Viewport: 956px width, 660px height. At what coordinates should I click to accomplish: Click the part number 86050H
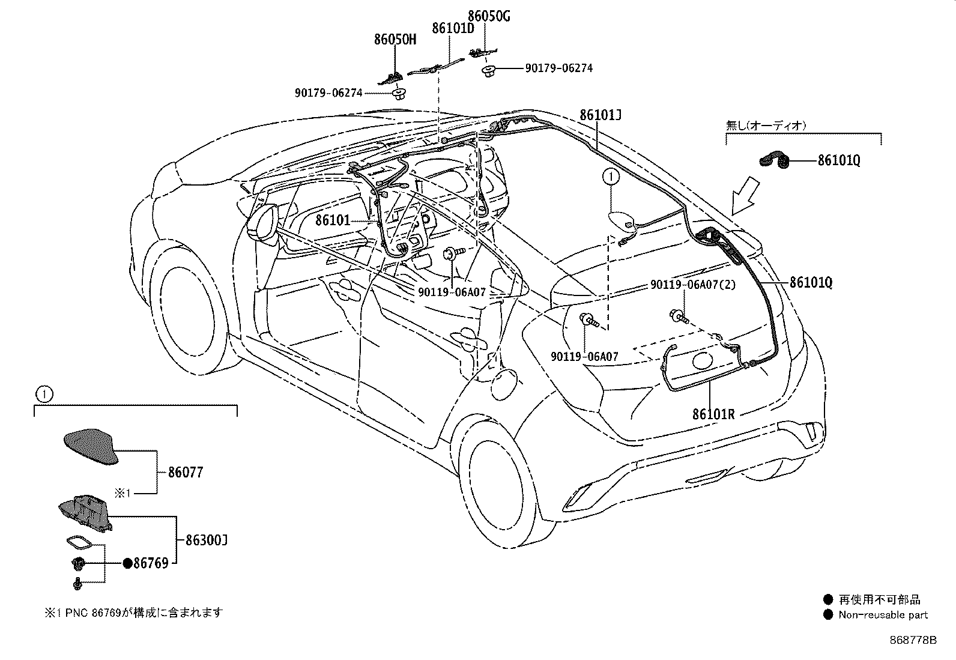[x=395, y=39]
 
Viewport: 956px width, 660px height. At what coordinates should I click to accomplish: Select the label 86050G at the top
[x=489, y=16]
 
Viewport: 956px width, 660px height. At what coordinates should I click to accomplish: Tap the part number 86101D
[x=453, y=28]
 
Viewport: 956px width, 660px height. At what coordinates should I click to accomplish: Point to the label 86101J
[x=600, y=115]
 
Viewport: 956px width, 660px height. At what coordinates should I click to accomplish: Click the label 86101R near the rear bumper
[x=713, y=414]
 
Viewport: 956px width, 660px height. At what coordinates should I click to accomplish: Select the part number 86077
[x=186, y=472]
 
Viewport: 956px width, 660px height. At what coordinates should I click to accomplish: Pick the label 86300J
[x=206, y=540]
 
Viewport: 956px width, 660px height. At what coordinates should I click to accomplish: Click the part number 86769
[x=151, y=563]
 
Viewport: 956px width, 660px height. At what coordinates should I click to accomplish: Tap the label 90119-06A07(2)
[x=693, y=284]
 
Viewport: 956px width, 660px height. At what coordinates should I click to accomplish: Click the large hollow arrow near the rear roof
[x=745, y=197]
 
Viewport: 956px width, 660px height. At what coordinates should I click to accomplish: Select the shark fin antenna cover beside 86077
[x=91, y=446]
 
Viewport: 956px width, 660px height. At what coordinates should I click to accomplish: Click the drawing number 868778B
[x=913, y=640]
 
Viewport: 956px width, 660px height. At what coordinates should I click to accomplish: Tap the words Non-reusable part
[x=883, y=615]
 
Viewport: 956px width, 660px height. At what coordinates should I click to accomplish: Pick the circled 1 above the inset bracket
[x=44, y=394]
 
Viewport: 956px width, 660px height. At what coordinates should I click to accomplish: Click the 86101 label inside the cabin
[x=333, y=220]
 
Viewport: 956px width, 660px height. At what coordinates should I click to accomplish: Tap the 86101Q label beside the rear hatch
[x=811, y=283]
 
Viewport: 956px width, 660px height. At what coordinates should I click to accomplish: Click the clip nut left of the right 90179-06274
[x=488, y=71]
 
